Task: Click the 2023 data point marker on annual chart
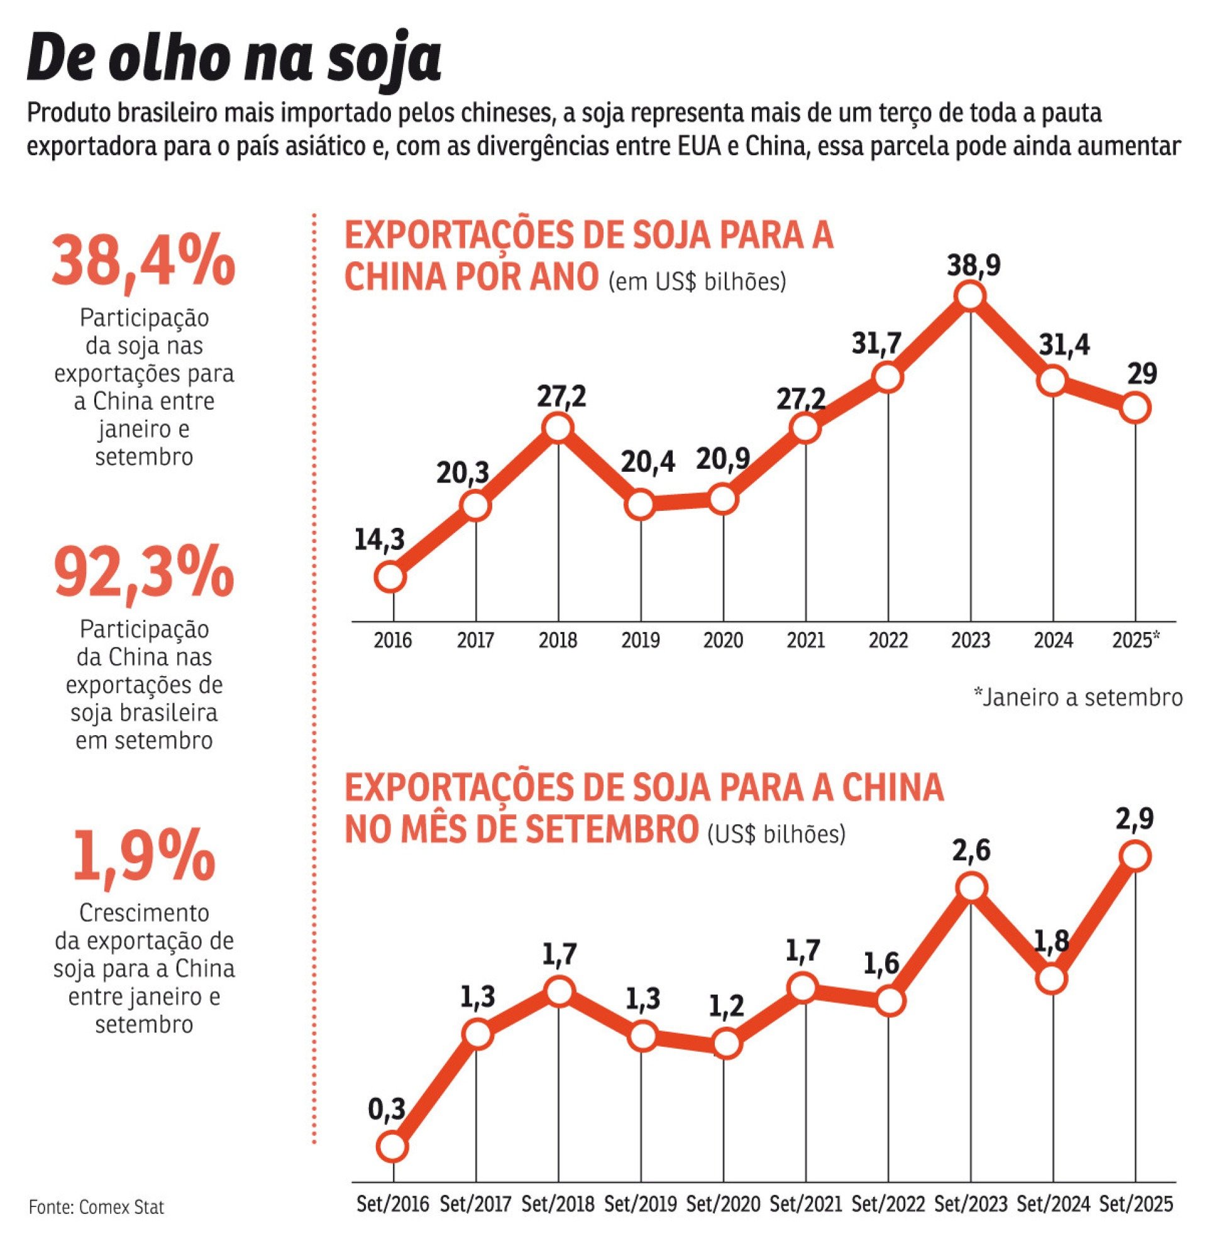tap(969, 297)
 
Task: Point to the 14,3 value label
tap(380, 540)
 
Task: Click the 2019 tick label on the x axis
tap(641, 640)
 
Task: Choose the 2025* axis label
tap(1137, 640)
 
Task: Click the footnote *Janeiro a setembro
tap(1077, 697)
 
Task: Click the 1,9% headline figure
tap(143, 859)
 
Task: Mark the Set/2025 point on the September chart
tap(1134, 857)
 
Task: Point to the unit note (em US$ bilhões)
tap(696, 282)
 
